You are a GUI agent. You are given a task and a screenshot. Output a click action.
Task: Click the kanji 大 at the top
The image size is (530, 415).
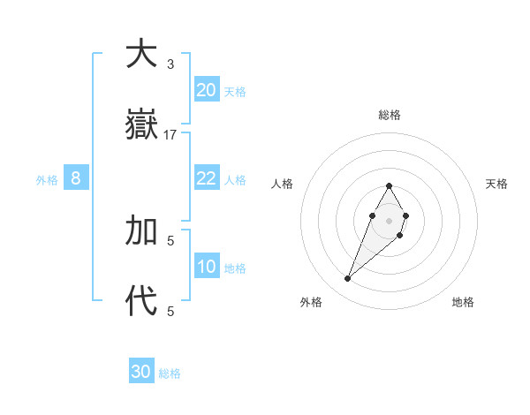141,55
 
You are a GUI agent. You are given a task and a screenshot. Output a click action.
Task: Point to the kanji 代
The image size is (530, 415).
141,301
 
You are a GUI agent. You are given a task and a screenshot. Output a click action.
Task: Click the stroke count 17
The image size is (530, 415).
170,134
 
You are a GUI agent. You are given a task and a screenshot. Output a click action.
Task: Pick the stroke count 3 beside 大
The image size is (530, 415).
170,64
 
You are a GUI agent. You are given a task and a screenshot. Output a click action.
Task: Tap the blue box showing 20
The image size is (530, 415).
207,90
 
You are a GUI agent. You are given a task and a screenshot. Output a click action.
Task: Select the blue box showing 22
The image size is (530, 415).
207,178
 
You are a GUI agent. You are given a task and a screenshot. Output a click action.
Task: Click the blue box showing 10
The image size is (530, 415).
207,267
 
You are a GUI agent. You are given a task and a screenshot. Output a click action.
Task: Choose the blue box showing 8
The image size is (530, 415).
76,178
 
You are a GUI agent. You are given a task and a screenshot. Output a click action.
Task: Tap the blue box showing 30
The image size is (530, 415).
141,372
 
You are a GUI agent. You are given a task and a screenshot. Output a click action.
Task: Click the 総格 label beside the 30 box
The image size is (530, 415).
170,373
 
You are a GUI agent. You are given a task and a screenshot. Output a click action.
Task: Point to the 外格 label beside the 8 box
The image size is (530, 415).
47,180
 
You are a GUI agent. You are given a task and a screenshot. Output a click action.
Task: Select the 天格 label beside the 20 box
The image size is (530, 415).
235,92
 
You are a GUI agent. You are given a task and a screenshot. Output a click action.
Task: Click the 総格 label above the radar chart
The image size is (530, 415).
390,115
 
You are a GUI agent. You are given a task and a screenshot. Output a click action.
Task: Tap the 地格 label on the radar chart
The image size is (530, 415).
463,302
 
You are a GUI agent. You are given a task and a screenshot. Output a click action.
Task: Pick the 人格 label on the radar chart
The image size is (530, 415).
283,184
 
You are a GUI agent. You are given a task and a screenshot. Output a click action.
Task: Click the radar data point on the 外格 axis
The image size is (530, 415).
347,279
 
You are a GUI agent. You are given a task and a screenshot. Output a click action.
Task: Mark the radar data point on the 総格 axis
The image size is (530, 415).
389,185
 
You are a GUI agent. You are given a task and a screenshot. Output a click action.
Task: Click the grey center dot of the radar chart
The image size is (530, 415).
389,220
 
